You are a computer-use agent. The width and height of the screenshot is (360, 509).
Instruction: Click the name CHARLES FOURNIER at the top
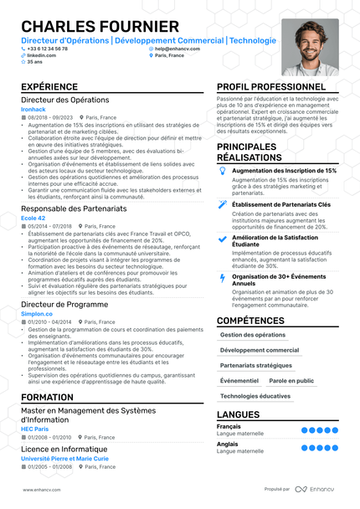pos(100,27)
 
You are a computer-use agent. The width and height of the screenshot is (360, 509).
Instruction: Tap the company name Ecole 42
pos(34,218)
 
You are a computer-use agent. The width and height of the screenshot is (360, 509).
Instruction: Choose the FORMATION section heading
pos(47,397)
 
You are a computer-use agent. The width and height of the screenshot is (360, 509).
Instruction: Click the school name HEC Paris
pos(35,429)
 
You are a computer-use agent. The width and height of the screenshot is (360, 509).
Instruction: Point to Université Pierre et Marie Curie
pos(64,459)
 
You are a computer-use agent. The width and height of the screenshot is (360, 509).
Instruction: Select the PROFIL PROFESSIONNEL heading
pos(271,87)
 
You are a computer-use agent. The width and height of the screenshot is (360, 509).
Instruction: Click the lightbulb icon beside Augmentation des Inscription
pos(222,170)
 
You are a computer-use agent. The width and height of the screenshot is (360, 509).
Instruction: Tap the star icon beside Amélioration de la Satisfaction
pos(222,238)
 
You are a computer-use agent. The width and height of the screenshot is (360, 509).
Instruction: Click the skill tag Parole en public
pos(291,380)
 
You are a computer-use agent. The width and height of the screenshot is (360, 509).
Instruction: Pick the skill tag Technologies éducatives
pos(255,396)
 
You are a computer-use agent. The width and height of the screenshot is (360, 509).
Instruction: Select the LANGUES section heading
pos(238,414)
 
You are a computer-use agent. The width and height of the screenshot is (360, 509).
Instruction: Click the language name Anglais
pos(229,444)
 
